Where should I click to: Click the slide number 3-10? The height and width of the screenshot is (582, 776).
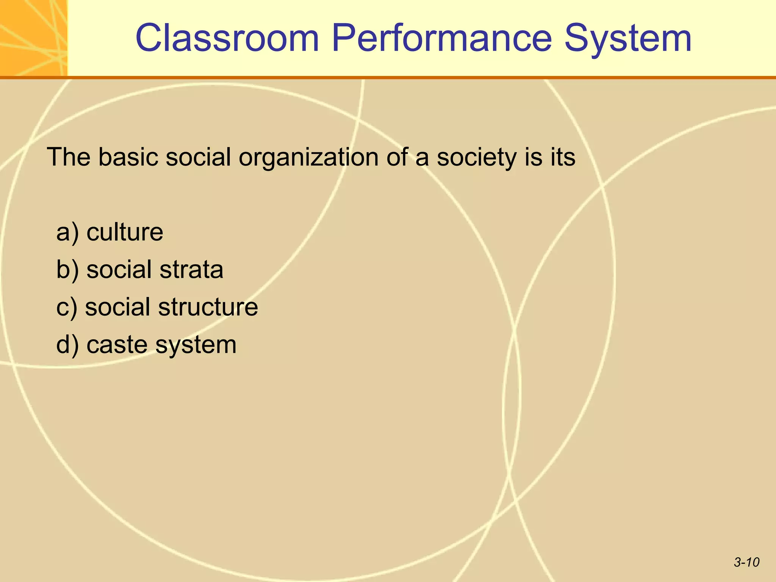point(746,562)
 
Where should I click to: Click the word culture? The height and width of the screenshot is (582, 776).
point(125,232)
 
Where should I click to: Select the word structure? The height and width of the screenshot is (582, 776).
point(208,307)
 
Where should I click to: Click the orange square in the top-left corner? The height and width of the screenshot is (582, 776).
point(33,38)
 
